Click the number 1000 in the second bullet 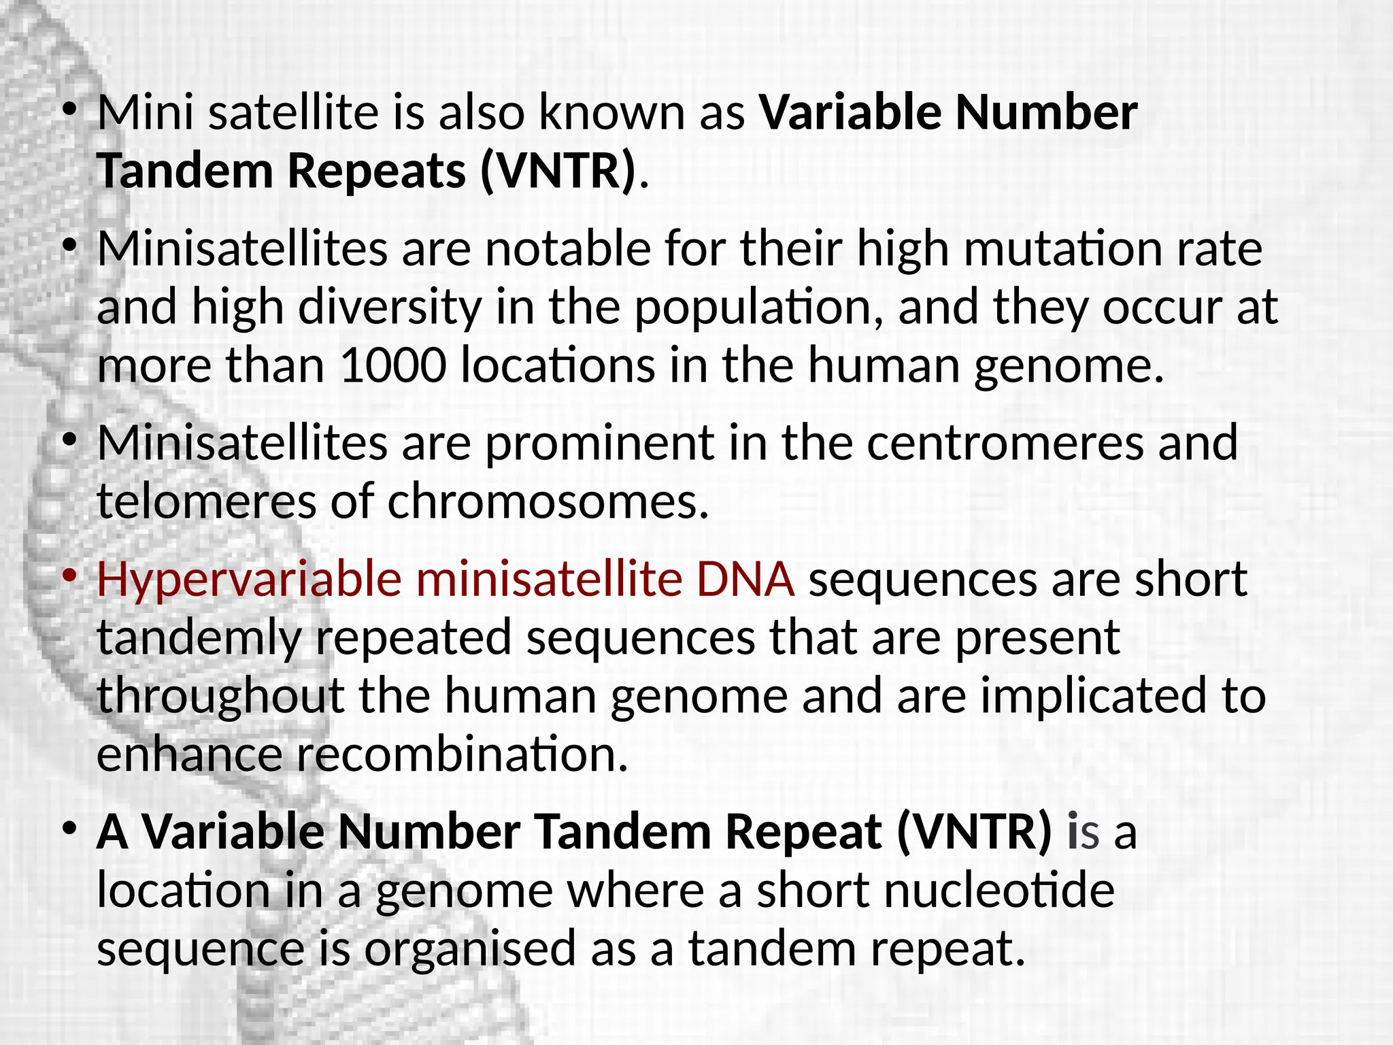pyautogui.click(x=392, y=365)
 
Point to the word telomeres pyautogui.click(x=206, y=501)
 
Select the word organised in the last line pyautogui.click(x=470, y=948)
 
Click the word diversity pyautogui.click(x=389, y=308)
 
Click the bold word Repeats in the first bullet pyautogui.click(x=377, y=170)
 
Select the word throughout pyautogui.click(x=220, y=696)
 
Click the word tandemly pyautogui.click(x=199, y=638)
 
